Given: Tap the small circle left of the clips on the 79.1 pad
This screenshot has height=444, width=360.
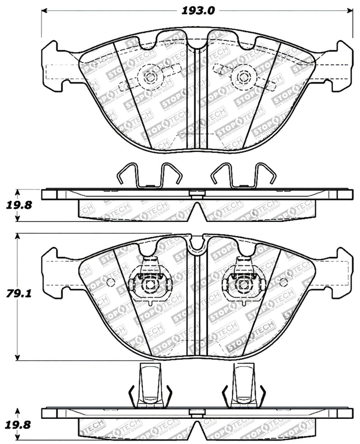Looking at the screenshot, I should click(x=111, y=282).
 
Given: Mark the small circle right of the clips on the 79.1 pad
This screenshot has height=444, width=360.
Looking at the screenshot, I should click(x=283, y=282).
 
